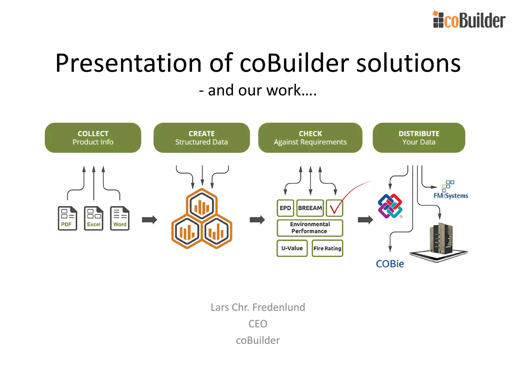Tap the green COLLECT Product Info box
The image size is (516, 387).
pos(93,138)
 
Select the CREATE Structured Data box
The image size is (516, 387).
pos(202,138)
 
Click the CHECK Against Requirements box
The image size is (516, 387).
pos(310,138)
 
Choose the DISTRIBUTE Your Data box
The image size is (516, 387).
pos(419,138)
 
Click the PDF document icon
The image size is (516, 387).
pos(67,218)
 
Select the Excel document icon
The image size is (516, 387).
pos(94,218)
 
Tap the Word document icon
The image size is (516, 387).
pos(120,218)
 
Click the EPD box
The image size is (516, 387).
pos(285,208)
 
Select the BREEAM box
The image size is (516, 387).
pos(310,208)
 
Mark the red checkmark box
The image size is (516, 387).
pos(335,208)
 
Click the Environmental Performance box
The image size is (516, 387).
pos(310,228)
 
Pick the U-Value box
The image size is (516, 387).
pos(292,248)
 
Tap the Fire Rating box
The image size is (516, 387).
pos(327,248)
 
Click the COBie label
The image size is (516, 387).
pos(390,264)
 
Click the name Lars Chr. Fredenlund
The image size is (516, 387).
pos(258,307)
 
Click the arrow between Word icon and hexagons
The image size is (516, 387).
pos(149,220)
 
